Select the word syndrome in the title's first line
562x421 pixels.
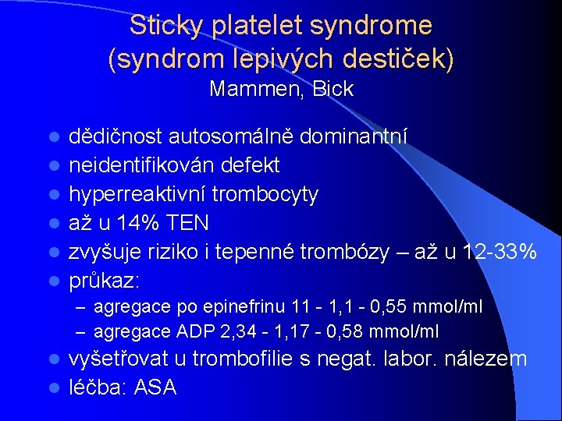[x=371, y=26]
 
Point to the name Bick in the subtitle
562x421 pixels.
[x=333, y=90]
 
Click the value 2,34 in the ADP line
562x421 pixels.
[x=238, y=332]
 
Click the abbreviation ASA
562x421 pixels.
[x=156, y=387]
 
